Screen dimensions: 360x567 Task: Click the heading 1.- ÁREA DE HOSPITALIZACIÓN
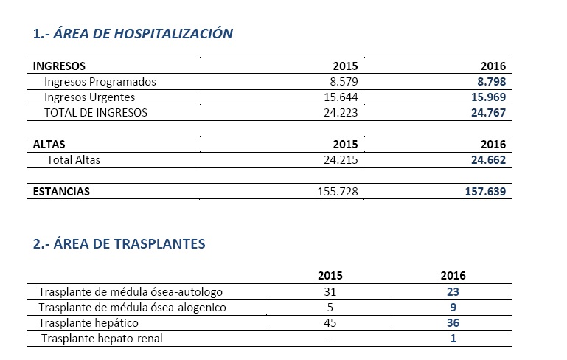(x=133, y=33)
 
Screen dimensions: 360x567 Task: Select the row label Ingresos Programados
(x=100, y=82)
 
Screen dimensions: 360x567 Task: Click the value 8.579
(x=343, y=82)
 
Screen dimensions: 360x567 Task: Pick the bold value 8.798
(x=490, y=82)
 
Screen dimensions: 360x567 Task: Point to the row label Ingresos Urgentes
(x=89, y=97)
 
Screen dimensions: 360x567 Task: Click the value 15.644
(x=340, y=97)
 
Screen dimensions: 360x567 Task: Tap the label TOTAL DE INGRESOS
(x=96, y=113)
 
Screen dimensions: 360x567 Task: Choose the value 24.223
(x=340, y=113)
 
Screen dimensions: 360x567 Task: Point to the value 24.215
(x=340, y=159)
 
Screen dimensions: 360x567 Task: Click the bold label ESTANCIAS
(x=61, y=192)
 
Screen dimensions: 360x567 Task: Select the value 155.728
(x=337, y=192)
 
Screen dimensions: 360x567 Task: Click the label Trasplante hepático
(x=88, y=323)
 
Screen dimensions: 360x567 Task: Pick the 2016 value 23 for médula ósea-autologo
(x=453, y=292)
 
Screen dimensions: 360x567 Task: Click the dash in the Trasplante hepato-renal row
(x=330, y=339)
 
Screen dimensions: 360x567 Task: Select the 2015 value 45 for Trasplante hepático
(x=330, y=323)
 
